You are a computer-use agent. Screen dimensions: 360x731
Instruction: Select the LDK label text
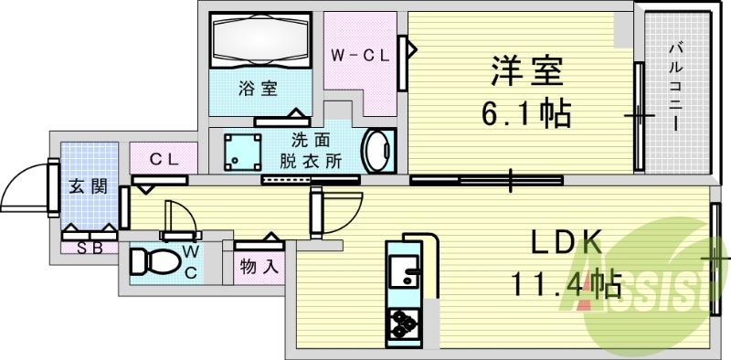pyautogui.click(x=567, y=244)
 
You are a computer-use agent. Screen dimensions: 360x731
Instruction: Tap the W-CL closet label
pyautogui.click(x=360, y=55)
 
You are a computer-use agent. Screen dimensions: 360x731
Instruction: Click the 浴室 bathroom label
pyautogui.click(x=257, y=89)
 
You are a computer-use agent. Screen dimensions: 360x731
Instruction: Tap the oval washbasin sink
pyautogui.click(x=377, y=150)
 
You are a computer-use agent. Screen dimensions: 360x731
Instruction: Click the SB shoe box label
pyautogui.click(x=89, y=247)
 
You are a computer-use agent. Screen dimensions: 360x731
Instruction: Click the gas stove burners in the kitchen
pyautogui.click(x=402, y=323)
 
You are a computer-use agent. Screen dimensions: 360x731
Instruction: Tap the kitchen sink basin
pyautogui.click(x=400, y=270)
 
